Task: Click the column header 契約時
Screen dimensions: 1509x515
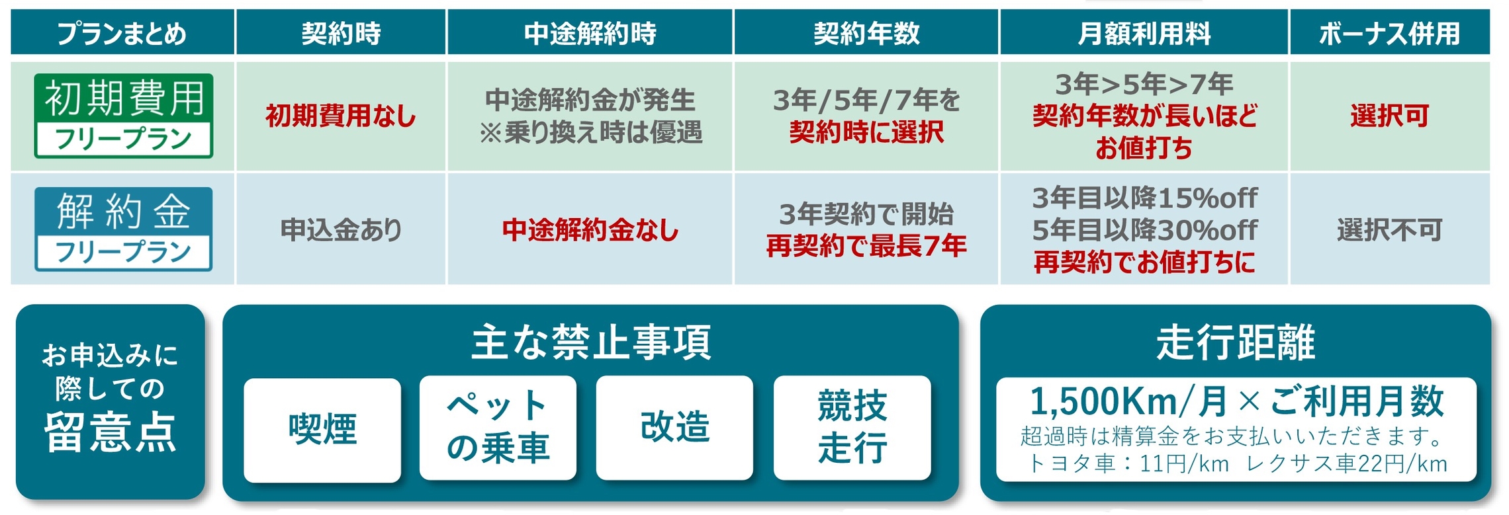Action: (x=341, y=32)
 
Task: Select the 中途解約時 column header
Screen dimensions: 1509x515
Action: (x=590, y=32)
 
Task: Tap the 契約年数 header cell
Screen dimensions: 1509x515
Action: (x=866, y=32)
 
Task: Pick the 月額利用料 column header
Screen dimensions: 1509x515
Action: (x=1144, y=32)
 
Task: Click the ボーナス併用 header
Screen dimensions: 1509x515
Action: (x=1389, y=32)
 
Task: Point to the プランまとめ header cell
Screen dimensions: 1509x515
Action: (x=122, y=32)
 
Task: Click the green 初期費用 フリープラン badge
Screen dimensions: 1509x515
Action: (x=124, y=116)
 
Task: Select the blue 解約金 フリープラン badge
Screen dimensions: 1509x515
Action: (x=124, y=229)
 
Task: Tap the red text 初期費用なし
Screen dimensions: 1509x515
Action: (x=341, y=116)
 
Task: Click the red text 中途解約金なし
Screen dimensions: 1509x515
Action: (x=590, y=230)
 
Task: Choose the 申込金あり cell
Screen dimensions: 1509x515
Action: (x=341, y=230)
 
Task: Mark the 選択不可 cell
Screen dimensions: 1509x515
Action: (x=1389, y=230)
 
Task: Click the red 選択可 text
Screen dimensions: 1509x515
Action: (x=1389, y=116)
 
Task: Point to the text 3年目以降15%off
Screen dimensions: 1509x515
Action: (x=1144, y=198)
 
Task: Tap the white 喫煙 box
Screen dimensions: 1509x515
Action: (x=322, y=430)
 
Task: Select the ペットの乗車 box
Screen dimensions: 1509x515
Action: (x=498, y=428)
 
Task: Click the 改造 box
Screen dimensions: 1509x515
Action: (x=674, y=428)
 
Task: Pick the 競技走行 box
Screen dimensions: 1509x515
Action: (x=852, y=428)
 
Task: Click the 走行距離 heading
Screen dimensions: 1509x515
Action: (x=1235, y=342)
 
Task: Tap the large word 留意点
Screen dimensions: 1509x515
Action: (x=111, y=432)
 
